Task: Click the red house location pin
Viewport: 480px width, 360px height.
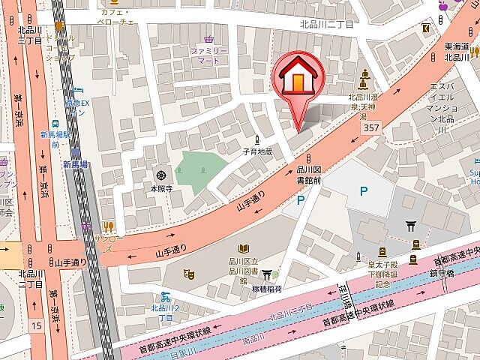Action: tap(300, 79)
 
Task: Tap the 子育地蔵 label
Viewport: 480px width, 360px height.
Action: tap(257, 151)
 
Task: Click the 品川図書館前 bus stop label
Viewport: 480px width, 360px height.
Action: tap(308, 175)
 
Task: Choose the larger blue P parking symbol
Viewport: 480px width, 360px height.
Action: tap(363, 191)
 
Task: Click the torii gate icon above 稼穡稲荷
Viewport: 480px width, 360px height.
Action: tap(267, 274)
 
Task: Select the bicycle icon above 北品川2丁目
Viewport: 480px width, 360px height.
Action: tap(163, 296)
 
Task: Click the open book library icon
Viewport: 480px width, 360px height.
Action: tap(243, 248)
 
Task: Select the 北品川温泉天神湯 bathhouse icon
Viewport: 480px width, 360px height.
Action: tap(365, 76)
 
